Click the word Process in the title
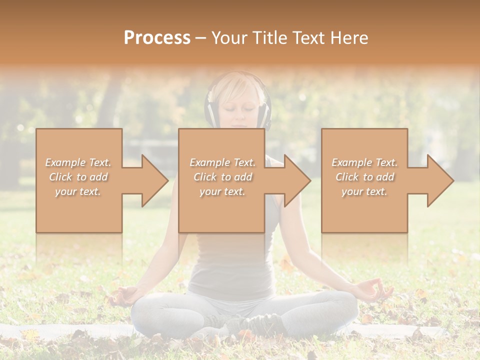point(157,37)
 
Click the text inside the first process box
point(78,177)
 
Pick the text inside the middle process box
point(222,177)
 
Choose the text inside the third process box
point(364,177)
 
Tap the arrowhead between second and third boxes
point(297,180)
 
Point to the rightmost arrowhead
point(440,180)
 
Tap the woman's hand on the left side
point(123,294)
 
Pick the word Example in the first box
point(65,162)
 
